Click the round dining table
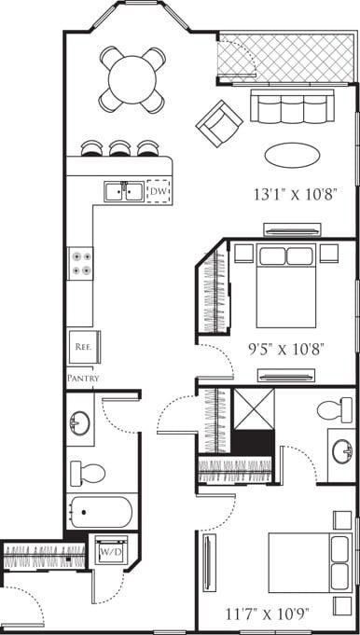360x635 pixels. point(132,79)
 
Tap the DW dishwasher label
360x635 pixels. point(159,192)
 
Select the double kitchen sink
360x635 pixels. point(123,192)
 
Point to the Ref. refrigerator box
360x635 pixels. point(81,346)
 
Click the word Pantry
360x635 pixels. point(83,379)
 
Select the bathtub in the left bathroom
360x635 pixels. point(100,512)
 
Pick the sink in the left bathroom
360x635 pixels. point(80,425)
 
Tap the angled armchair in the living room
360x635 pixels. point(219,122)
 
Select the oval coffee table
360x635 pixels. point(291,154)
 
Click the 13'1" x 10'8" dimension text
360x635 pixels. point(295,195)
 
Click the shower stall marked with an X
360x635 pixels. point(253,409)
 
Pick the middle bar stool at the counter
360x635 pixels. point(119,147)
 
